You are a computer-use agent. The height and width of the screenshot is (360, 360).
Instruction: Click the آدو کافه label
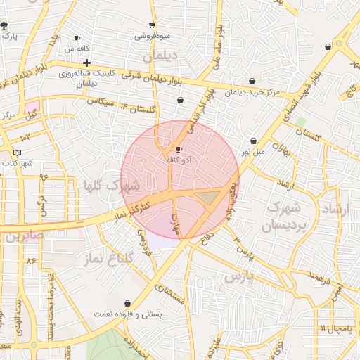pos(179,160)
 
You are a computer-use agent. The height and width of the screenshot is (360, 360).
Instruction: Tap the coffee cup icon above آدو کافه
pos(179,150)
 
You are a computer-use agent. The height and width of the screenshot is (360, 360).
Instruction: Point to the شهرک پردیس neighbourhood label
pos(281,217)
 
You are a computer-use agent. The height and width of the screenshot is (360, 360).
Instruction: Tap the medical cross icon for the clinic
pos(86,63)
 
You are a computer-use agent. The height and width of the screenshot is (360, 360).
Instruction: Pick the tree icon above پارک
pos(4,25)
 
